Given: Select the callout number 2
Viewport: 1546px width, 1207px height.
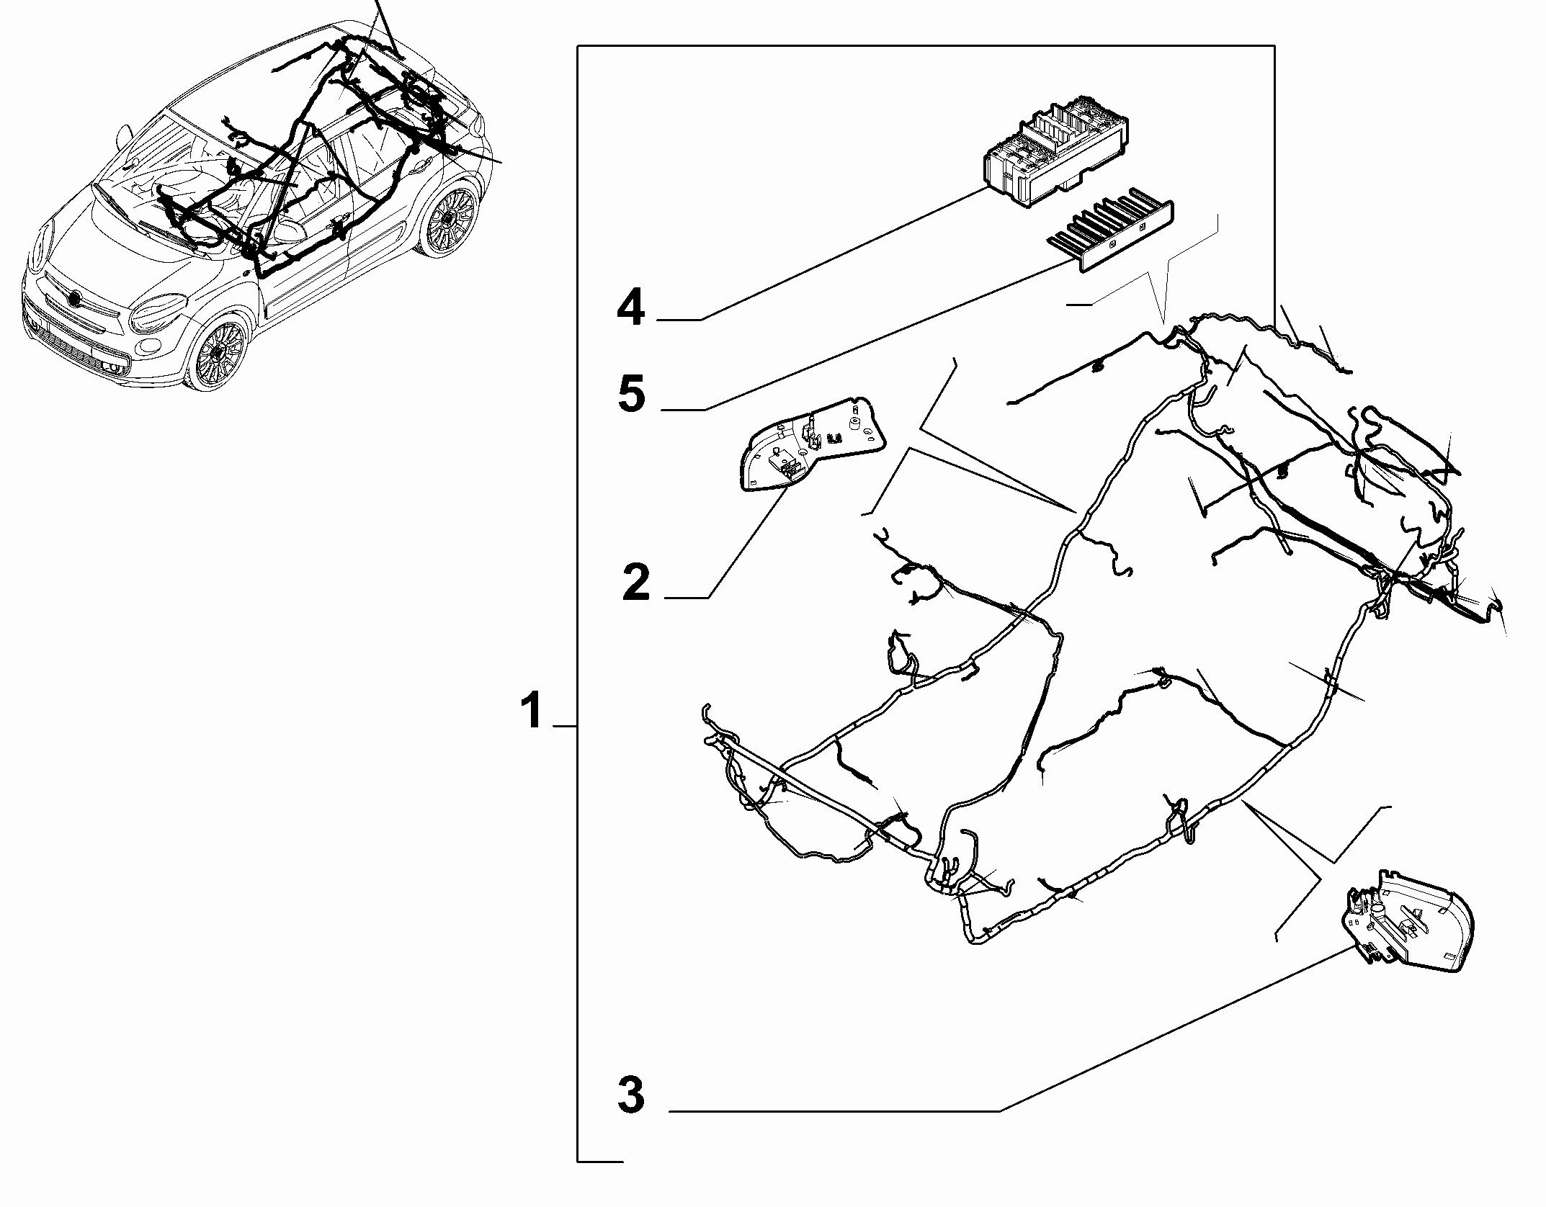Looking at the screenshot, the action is pos(637,582).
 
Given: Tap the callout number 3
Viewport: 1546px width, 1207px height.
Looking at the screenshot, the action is pos(632,1095).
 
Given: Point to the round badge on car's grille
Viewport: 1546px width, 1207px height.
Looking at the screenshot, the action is pos(74,298).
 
